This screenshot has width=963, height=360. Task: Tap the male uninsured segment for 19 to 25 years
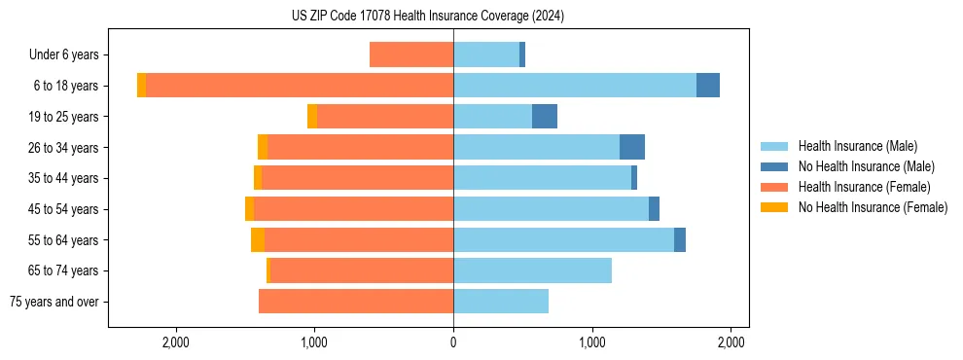click(545, 117)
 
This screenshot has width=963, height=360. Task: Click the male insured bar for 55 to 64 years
click(563, 239)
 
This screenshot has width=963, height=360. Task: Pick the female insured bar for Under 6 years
click(411, 54)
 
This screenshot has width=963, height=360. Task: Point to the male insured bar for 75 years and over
click(501, 302)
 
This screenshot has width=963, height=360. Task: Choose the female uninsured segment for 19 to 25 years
click(312, 117)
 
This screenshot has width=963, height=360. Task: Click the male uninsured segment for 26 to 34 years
click(632, 147)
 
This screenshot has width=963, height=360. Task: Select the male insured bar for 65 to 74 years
click(532, 270)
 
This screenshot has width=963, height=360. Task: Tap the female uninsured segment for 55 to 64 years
click(258, 239)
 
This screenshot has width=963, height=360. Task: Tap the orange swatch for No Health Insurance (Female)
click(774, 207)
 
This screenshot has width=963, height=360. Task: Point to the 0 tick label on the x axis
click(453, 343)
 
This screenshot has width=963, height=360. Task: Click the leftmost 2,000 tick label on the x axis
click(175, 343)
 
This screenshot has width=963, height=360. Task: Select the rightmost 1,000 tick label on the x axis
click(592, 343)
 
